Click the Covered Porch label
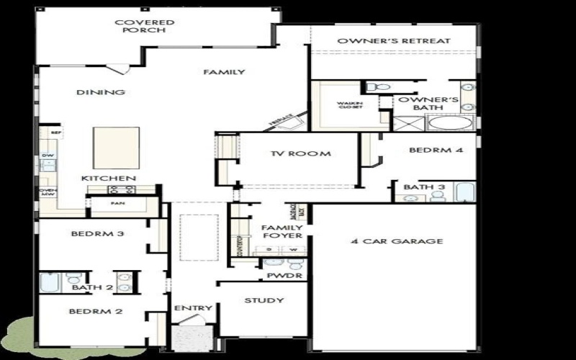point(145,27)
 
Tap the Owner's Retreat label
point(394,41)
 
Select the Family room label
point(224,72)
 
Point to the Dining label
point(101,92)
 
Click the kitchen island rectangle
point(116,148)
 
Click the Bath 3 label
point(419,187)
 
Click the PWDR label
point(278,275)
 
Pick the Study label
point(264,300)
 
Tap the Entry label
point(193,308)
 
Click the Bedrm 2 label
point(96,312)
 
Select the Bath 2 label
point(93,288)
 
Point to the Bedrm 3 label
point(93,233)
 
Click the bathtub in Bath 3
point(464,192)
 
